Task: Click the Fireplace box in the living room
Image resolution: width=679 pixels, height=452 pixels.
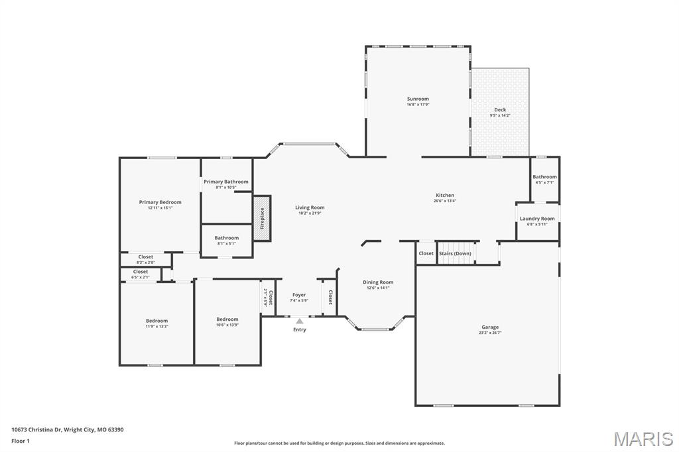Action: tap(262, 218)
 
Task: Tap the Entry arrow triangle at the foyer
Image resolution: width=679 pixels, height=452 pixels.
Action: tap(300, 321)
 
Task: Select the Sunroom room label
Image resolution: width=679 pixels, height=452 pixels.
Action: tap(418, 99)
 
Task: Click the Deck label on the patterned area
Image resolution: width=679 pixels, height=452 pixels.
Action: tap(500, 109)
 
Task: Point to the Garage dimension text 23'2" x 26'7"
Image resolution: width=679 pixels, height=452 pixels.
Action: tap(490, 333)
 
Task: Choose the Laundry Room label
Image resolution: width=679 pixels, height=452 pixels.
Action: tap(537, 219)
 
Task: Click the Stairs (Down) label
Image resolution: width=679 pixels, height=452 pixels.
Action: tap(455, 253)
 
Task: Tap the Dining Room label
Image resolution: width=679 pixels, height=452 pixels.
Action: tap(378, 282)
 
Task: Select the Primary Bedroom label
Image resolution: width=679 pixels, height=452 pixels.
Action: tap(160, 202)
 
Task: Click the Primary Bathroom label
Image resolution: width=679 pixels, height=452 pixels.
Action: tap(226, 182)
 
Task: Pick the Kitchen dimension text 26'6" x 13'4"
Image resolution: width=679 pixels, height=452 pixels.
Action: tap(445, 200)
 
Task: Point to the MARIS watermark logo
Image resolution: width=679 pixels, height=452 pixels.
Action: tap(643, 439)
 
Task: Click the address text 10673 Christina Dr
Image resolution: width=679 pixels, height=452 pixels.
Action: tap(37, 430)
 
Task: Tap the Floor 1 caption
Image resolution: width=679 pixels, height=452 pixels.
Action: tap(21, 441)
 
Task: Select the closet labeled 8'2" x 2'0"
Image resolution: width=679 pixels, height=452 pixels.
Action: tap(146, 259)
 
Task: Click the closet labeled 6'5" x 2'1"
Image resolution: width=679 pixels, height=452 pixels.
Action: tap(141, 274)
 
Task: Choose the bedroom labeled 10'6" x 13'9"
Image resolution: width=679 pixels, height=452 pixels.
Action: tap(227, 321)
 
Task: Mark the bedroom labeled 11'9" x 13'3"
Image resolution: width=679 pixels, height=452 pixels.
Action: tap(156, 323)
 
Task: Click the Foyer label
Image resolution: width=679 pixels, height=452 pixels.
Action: tap(299, 295)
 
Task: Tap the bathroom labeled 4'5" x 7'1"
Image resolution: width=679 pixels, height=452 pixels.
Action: tap(545, 179)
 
